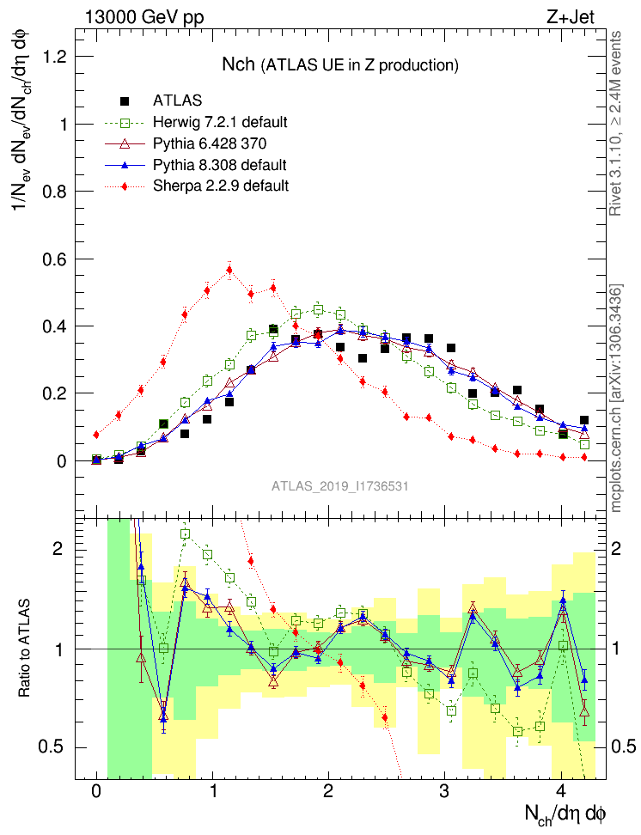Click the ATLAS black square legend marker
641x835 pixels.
[124, 101]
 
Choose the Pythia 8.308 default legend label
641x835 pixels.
[219, 164]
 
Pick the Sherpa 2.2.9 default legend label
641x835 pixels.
[221, 185]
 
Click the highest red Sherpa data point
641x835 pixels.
[229, 270]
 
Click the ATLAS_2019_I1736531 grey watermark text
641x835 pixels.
[339, 486]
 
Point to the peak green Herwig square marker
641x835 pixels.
[318, 310]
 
